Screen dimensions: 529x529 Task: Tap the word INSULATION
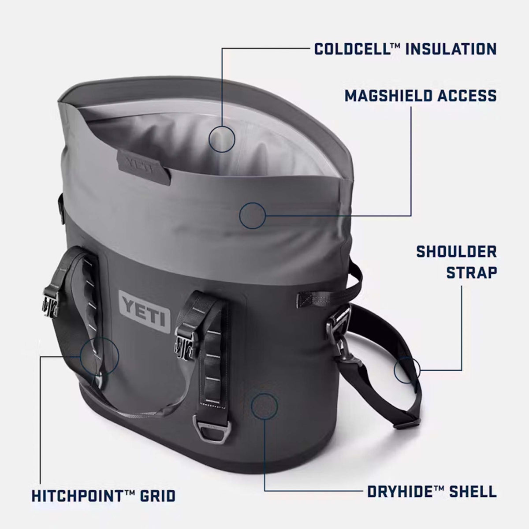pyautogui.click(x=451, y=48)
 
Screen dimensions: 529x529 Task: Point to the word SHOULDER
pyautogui.click(x=457, y=252)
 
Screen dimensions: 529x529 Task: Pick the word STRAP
pyautogui.click(x=472, y=272)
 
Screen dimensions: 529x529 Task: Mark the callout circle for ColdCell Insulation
pyautogui.click(x=222, y=138)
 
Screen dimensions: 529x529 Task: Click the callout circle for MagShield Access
pyautogui.click(x=252, y=216)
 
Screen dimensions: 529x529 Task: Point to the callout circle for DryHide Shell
pyautogui.click(x=264, y=405)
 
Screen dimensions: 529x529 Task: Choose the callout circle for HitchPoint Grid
pyautogui.click(x=100, y=355)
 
